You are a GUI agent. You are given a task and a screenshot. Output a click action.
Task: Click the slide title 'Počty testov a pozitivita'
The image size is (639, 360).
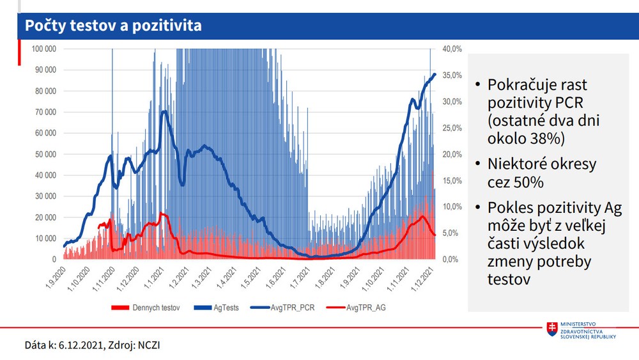(x=113, y=26)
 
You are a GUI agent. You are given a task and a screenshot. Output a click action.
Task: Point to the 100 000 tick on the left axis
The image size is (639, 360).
(x=43, y=49)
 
